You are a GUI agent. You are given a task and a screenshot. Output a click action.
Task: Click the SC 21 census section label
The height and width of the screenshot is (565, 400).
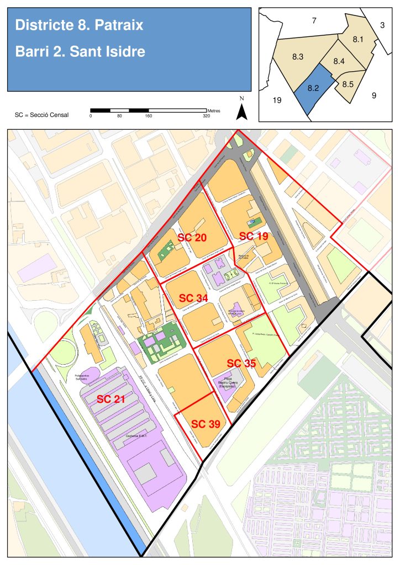point(112,399)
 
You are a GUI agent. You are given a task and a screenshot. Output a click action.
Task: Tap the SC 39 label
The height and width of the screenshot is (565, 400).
point(206,424)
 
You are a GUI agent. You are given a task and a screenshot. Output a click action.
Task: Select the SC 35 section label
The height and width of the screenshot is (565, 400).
point(241,363)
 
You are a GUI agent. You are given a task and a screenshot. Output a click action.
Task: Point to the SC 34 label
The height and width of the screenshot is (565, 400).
point(193,298)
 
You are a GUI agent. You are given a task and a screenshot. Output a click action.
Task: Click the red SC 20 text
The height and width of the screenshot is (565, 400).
point(192,237)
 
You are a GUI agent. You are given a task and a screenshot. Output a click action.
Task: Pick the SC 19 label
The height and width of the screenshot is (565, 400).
point(254,236)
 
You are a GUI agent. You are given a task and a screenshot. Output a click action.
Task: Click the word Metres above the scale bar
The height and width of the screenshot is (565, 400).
point(213,110)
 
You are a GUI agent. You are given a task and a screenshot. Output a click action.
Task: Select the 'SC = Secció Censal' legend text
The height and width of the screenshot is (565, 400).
point(42,115)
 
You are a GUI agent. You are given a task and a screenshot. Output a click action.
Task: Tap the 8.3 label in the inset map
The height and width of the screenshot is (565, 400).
point(298,57)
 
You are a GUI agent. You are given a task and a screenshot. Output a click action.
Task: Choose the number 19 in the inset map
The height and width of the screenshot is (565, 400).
point(277,100)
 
